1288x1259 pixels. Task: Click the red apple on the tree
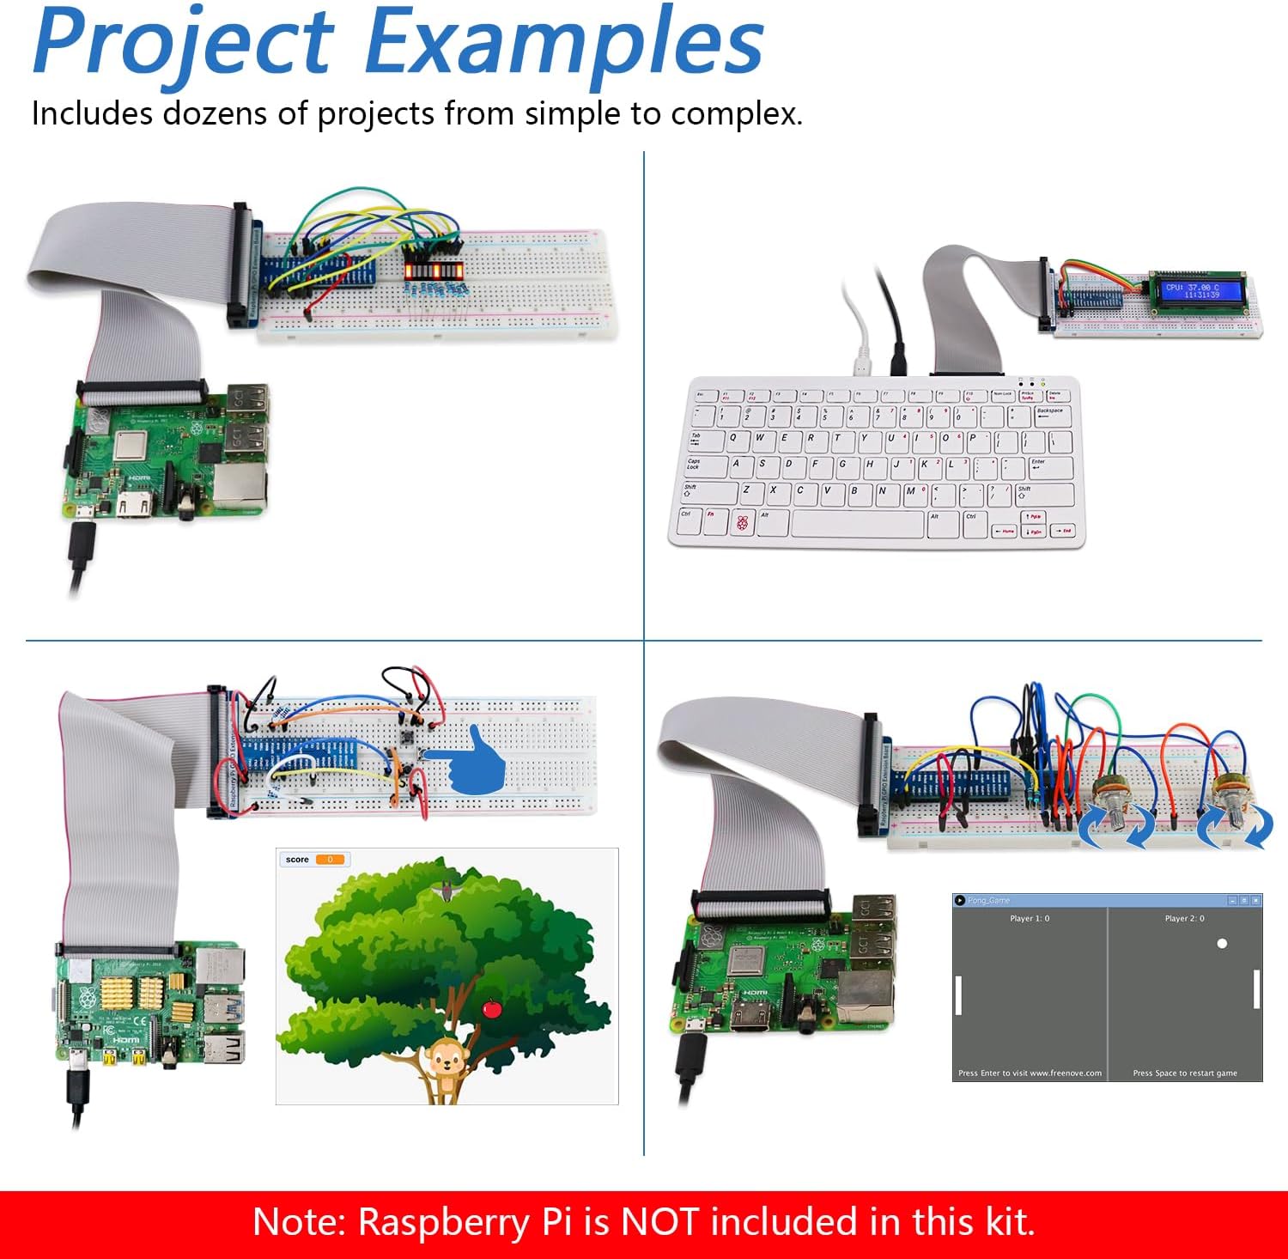(x=492, y=1007)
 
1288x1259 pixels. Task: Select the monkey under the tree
(x=447, y=1065)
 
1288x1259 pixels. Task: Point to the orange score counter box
(x=330, y=860)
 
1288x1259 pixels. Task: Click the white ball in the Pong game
(x=1222, y=944)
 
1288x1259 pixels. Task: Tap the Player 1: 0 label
(x=1030, y=919)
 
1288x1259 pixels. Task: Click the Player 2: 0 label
(x=1184, y=919)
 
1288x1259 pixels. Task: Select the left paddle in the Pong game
(x=958, y=994)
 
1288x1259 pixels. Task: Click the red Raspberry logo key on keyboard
(x=742, y=521)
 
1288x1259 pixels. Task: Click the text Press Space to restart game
(x=1185, y=1073)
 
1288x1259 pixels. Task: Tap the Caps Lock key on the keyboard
(x=696, y=465)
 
